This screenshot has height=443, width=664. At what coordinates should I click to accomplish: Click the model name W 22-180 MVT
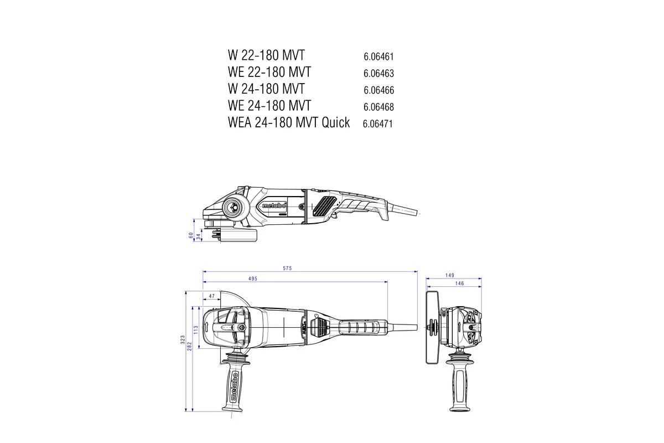266,55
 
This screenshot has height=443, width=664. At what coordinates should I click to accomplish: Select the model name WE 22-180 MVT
269,72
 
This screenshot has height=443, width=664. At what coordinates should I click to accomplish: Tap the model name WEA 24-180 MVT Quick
288,122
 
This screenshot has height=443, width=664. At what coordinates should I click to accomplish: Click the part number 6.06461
378,56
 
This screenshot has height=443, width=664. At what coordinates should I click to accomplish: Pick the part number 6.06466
378,90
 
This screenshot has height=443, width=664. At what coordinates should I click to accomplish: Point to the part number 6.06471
378,123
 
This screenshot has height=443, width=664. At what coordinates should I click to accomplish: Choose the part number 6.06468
378,106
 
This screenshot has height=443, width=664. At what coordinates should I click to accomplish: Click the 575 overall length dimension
287,268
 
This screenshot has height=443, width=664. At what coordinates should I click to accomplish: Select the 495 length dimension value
252,279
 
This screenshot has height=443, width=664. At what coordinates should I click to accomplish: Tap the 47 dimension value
211,296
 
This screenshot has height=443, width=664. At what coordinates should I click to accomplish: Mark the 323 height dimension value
183,340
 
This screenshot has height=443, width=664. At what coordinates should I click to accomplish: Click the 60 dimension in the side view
191,235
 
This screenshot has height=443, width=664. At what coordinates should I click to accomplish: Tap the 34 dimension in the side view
199,237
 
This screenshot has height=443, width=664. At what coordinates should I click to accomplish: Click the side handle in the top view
234,385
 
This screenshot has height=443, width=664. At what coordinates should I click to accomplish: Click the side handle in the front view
459,382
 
